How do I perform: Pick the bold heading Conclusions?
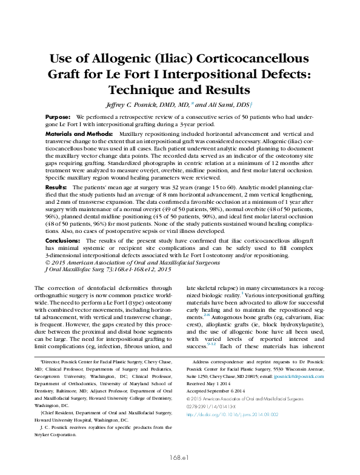pyautogui.click(x=63, y=241)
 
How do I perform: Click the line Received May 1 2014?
pyautogui.click(x=209, y=384)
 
